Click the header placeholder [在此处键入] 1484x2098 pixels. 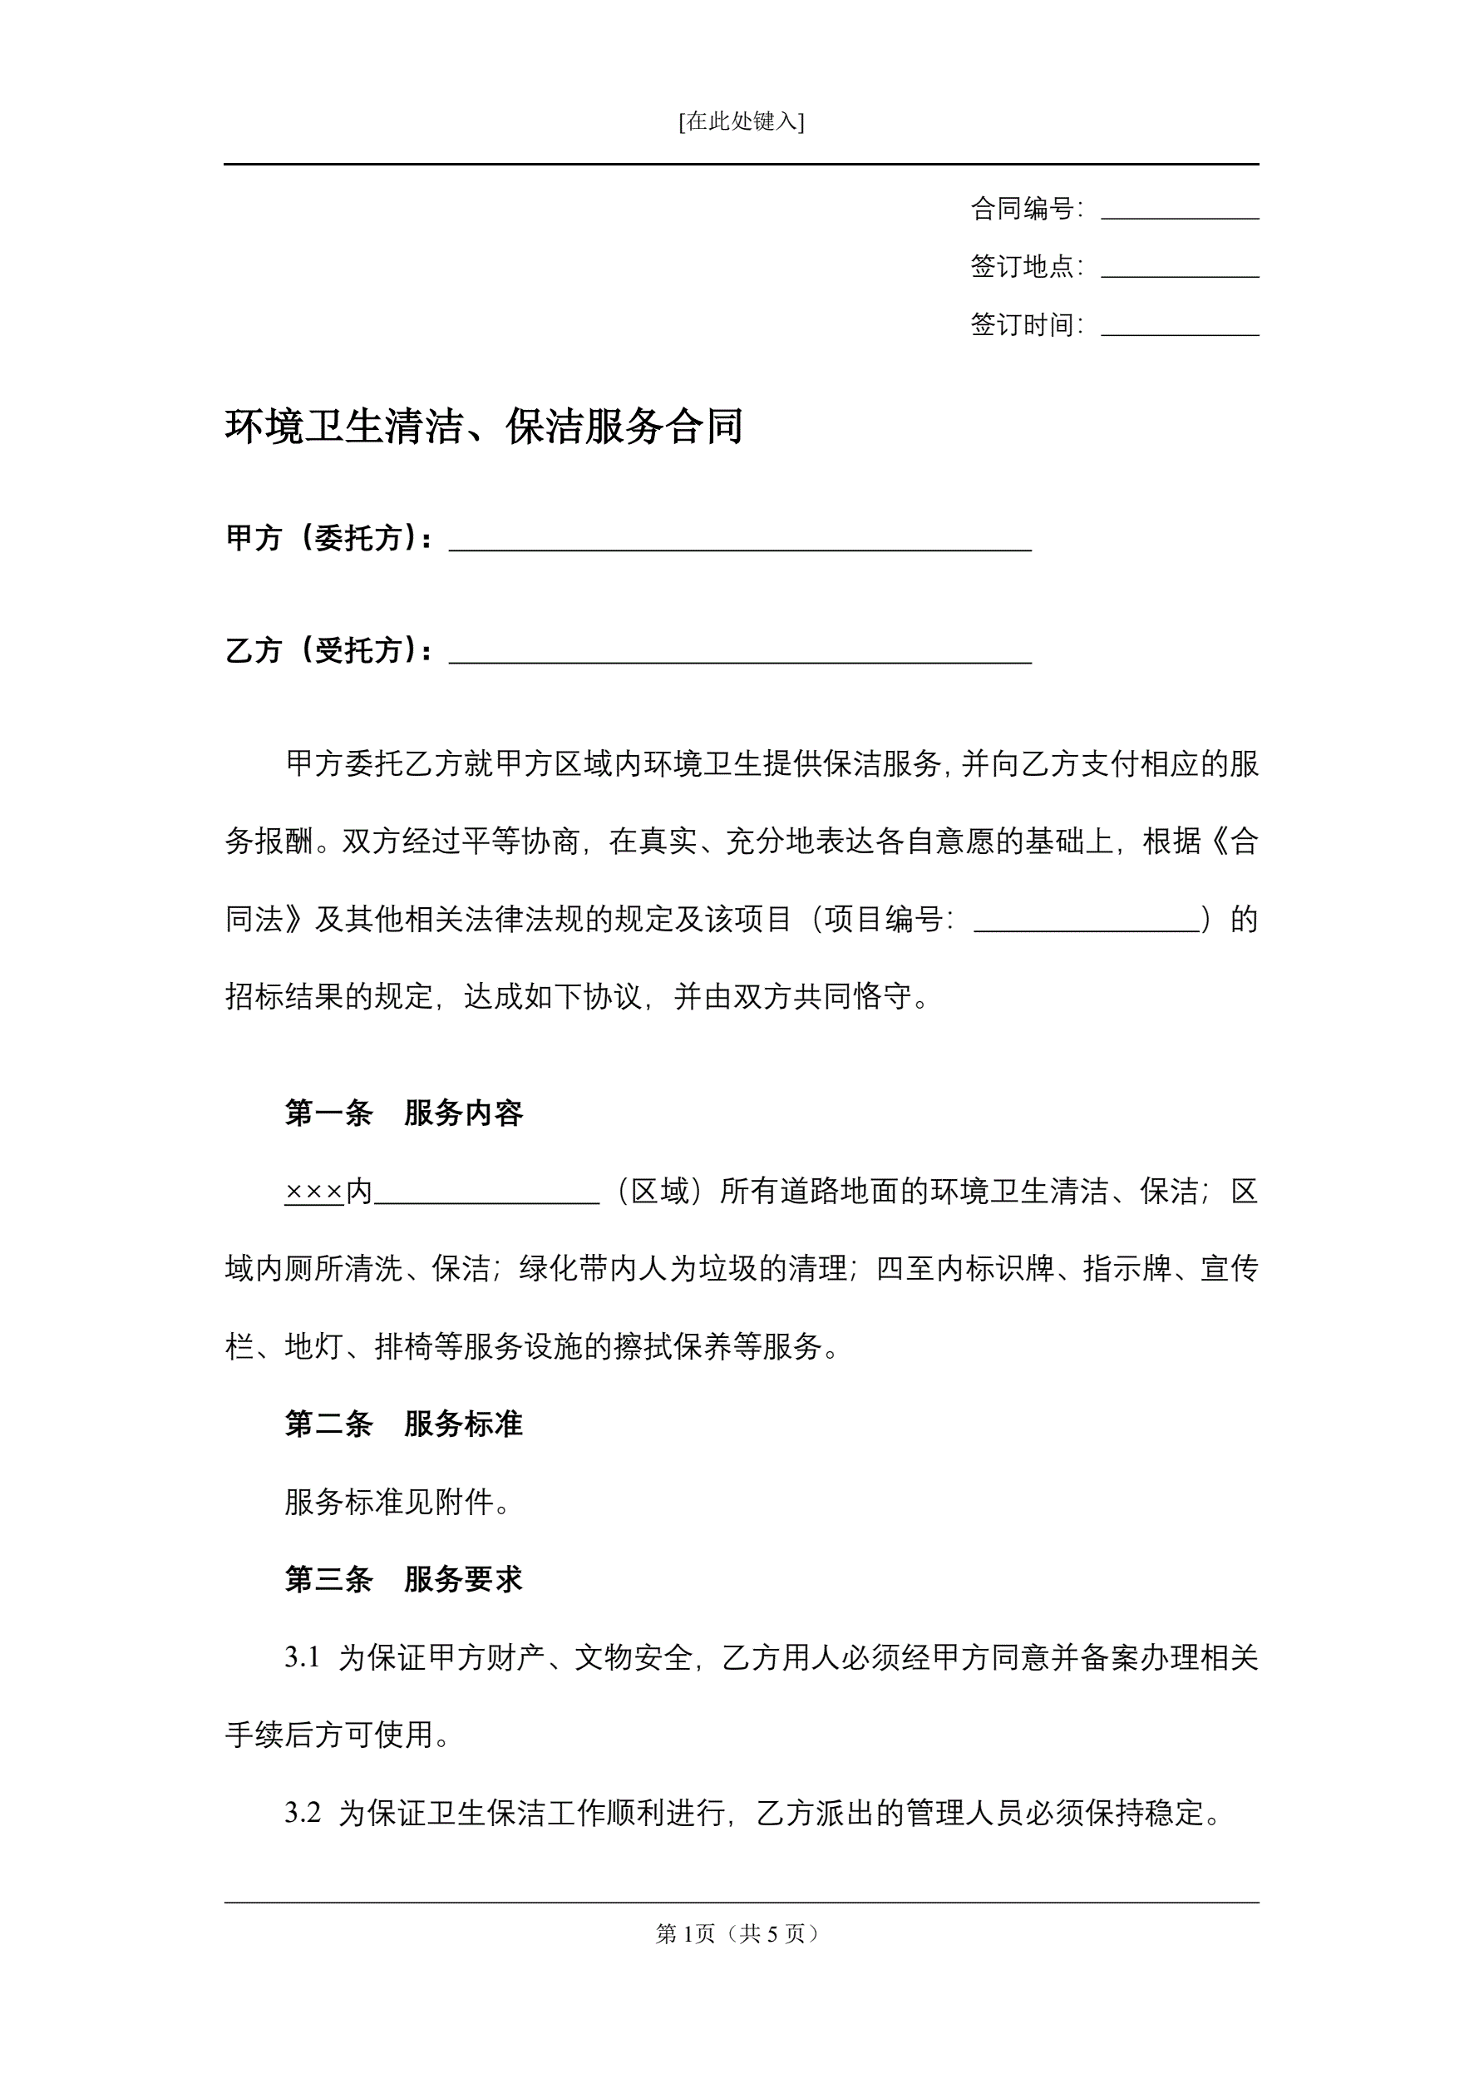[x=741, y=121]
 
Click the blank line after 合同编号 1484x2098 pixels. [x=1179, y=210]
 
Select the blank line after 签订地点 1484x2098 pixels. [x=1179, y=268]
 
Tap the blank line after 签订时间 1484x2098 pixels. [x=1179, y=326]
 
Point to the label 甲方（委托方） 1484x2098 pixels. [x=328, y=538]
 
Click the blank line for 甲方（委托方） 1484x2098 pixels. [x=740, y=541]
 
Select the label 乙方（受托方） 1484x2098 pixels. [x=328, y=650]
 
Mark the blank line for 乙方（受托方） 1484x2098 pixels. [x=740, y=654]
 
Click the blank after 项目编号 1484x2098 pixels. [x=1087, y=921]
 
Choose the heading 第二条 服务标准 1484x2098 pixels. [x=404, y=1424]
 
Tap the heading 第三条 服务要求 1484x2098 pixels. [x=404, y=1580]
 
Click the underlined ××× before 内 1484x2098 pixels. [x=313, y=1192]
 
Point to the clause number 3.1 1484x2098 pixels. [x=303, y=1657]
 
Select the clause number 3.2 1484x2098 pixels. [x=303, y=1813]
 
